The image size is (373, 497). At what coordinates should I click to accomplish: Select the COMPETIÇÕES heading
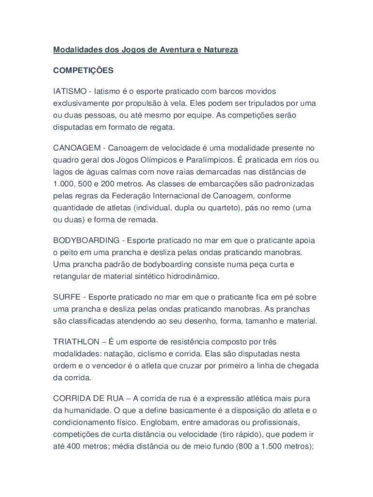coord(83,70)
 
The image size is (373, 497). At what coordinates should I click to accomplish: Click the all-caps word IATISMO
coord(70,91)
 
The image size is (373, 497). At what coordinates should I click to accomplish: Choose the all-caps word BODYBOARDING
coord(86,240)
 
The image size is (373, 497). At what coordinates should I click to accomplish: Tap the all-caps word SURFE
coord(65,297)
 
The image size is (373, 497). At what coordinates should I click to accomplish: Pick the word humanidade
coord(85,410)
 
